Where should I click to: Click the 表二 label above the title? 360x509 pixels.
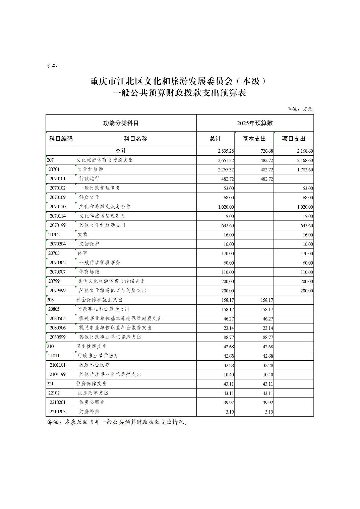(x=52, y=66)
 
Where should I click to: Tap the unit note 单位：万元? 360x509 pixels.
(x=299, y=109)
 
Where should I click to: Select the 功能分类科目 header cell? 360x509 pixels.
(x=121, y=123)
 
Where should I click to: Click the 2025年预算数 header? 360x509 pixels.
(x=255, y=123)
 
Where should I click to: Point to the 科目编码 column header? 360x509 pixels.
(x=61, y=139)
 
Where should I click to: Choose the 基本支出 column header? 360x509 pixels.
(x=254, y=139)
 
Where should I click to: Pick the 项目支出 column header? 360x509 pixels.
(x=293, y=139)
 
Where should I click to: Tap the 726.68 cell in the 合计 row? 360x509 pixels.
(x=266, y=151)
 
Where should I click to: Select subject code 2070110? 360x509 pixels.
(x=58, y=207)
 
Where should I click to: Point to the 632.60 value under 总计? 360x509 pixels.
(x=228, y=226)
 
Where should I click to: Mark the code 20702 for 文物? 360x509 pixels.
(x=54, y=235)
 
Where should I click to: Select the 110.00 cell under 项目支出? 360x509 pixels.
(x=306, y=272)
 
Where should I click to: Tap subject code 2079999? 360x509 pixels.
(x=58, y=291)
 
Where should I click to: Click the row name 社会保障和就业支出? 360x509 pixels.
(x=100, y=300)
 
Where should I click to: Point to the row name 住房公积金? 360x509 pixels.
(x=92, y=402)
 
